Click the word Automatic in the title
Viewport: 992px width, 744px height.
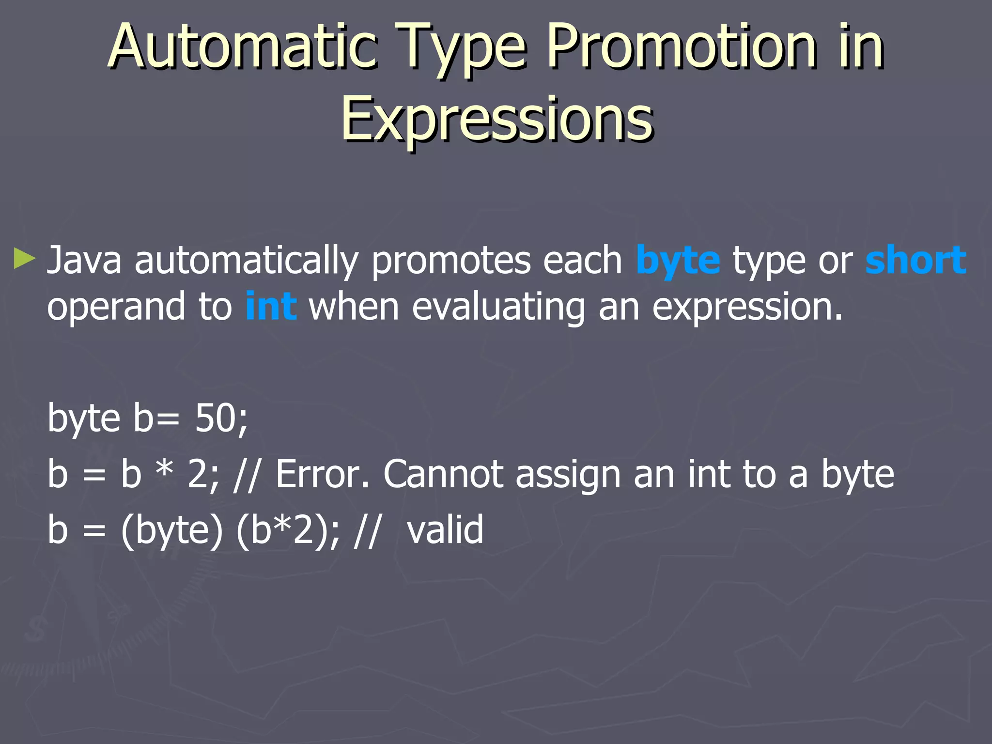point(242,47)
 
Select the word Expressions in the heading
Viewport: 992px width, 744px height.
point(496,119)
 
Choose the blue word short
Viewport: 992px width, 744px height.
point(915,260)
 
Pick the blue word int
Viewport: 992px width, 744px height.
point(271,306)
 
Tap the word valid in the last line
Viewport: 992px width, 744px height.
point(445,529)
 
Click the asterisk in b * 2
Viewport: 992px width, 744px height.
point(165,470)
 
